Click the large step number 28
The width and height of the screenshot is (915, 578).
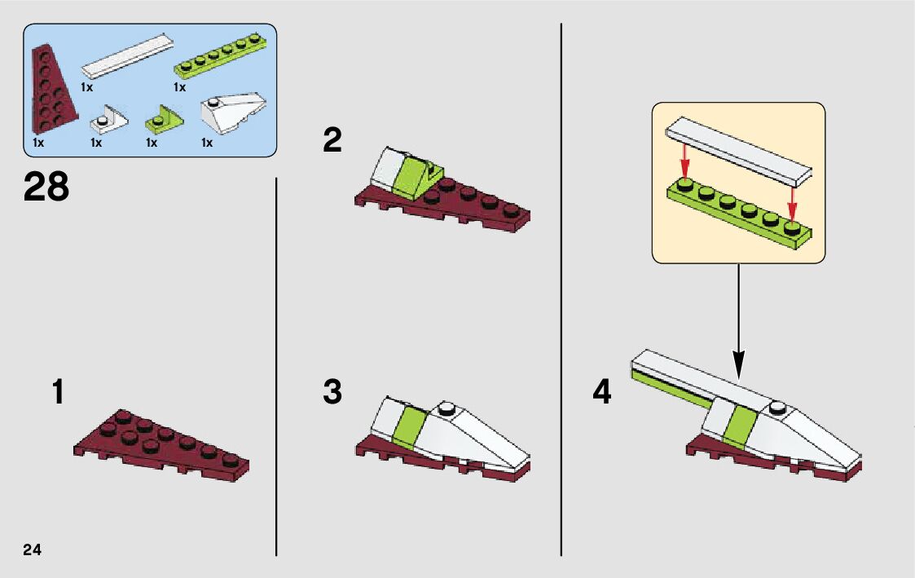[46, 187]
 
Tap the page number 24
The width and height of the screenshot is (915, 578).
[33, 548]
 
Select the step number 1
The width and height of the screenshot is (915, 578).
[57, 392]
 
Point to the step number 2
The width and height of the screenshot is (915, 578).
[332, 141]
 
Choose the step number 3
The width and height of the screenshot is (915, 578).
[332, 392]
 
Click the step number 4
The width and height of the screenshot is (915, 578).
[601, 392]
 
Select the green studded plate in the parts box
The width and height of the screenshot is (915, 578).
[222, 57]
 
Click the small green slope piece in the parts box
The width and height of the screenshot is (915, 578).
[164, 121]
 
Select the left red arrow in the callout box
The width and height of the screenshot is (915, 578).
[685, 159]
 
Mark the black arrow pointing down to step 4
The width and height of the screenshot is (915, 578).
[738, 322]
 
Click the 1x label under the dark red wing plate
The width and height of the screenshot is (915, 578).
[38, 143]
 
